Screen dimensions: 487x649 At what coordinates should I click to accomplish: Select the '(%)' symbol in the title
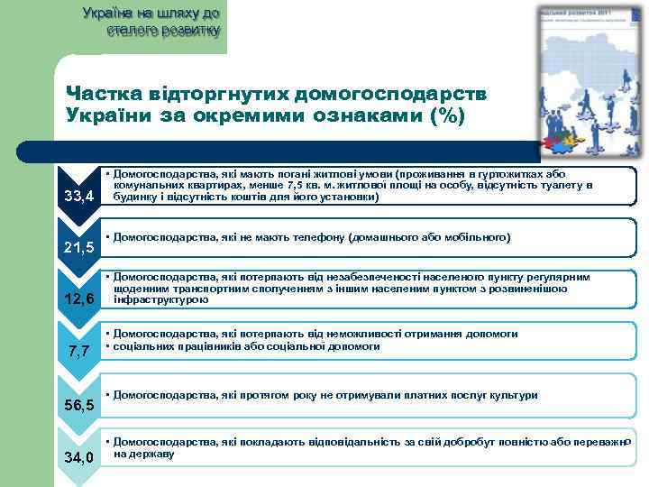click(x=438, y=116)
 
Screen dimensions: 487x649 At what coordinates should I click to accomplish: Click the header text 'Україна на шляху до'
click(x=151, y=14)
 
